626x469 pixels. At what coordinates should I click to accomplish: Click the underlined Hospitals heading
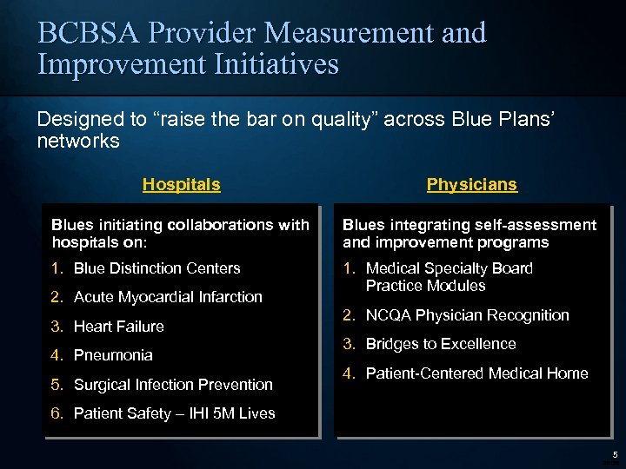[x=181, y=185]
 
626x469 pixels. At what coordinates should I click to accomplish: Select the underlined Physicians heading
[x=471, y=185]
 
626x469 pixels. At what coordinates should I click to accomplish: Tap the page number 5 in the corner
[x=614, y=455]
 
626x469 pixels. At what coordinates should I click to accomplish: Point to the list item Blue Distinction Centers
[x=156, y=268]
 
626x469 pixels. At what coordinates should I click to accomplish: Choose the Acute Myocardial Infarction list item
[x=168, y=297]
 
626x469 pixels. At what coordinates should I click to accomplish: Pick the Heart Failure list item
[x=119, y=327]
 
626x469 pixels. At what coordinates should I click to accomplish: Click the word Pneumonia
[x=113, y=355]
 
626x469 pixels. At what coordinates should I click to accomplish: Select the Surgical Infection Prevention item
[x=173, y=385]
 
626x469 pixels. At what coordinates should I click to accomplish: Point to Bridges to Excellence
[x=441, y=344]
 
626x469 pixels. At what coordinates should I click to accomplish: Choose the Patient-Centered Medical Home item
[x=476, y=373]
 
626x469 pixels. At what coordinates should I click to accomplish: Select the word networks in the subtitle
[x=78, y=141]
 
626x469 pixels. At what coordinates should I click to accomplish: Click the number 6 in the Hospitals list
[x=57, y=413]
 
